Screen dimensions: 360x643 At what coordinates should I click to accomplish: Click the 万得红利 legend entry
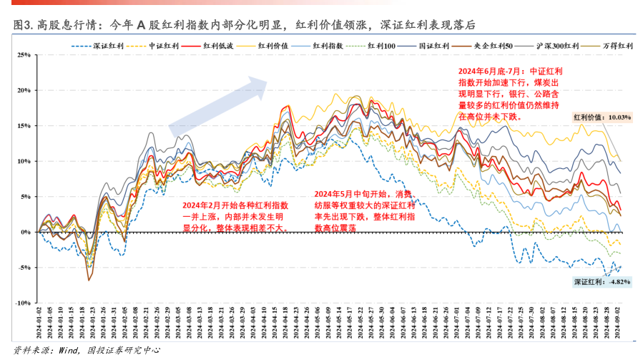pos(617,46)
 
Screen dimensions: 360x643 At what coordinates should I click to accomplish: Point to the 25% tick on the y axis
pos(22,55)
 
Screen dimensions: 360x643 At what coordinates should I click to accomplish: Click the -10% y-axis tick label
pos(21,303)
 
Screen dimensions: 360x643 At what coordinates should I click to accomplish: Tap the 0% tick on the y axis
pos(25,232)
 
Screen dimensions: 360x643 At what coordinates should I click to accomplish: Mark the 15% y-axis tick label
pos(22,126)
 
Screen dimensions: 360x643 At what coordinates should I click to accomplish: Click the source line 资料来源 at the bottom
pos(86,350)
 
